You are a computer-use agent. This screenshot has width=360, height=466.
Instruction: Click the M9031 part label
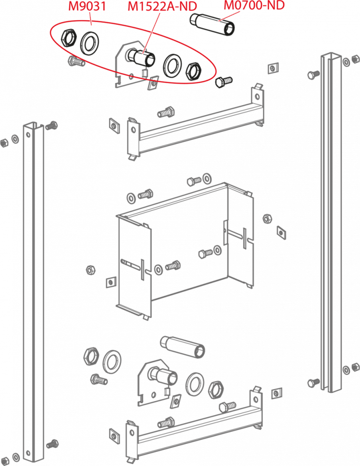tap(87, 6)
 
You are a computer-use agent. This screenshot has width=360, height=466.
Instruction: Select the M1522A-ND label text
tap(162, 7)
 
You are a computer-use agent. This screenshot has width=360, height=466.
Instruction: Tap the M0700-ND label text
tap(254, 5)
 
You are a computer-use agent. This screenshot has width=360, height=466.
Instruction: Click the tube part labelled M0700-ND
tap(212, 25)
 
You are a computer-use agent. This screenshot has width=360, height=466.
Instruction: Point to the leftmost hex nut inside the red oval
tap(69, 38)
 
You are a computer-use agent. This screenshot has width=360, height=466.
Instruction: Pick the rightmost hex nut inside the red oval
tap(193, 71)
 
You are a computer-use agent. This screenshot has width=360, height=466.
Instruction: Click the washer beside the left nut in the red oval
tap(90, 43)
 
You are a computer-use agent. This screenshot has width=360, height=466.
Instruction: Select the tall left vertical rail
tap(33, 292)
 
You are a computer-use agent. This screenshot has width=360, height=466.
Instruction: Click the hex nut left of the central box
tap(90, 270)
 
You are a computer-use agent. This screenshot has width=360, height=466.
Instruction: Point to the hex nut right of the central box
tap(267, 219)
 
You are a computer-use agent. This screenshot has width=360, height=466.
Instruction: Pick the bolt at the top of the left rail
tap(51, 126)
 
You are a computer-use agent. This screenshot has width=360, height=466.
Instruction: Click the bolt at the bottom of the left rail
tap(52, 444)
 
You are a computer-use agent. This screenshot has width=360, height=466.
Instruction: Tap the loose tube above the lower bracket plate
tap(183, 347)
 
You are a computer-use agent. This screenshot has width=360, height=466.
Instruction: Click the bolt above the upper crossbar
tap(166, 112)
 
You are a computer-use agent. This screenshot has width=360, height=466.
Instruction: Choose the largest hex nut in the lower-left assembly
tap(91, 356)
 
